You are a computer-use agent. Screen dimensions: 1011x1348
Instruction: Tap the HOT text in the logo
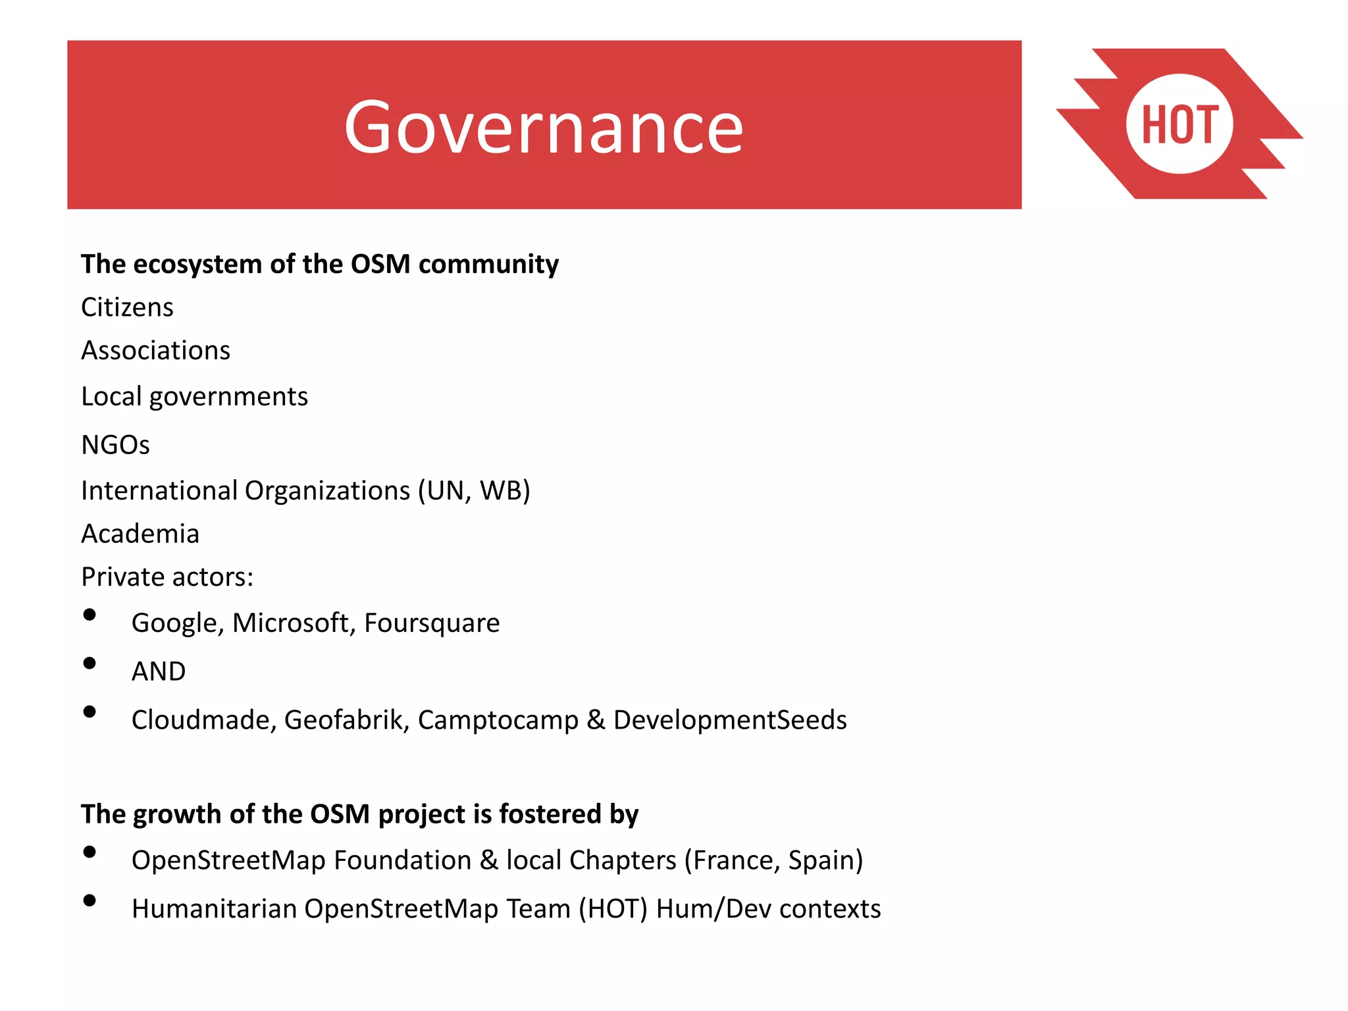click(1179, 124)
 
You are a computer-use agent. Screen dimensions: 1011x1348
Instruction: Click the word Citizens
click(127, 307)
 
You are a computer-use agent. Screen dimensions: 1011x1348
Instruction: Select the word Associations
click(155, 350)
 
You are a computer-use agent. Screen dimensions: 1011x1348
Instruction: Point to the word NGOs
click(115, 445)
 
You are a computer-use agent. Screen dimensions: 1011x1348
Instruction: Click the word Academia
click(140, 534)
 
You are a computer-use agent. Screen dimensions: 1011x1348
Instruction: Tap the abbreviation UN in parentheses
click(448, 491)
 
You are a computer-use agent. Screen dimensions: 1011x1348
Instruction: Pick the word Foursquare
click(432, 623)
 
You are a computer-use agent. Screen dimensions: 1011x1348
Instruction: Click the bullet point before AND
click(90, 663)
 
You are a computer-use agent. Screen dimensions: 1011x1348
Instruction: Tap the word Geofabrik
click(346, 720)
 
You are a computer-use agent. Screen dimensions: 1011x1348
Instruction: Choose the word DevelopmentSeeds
click(729, 720)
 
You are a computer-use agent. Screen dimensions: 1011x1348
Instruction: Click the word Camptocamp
click(498, 720)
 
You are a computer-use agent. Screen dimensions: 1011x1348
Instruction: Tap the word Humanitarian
click(214, 909)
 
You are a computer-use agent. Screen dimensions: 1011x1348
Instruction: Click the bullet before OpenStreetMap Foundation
click(90, 852)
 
